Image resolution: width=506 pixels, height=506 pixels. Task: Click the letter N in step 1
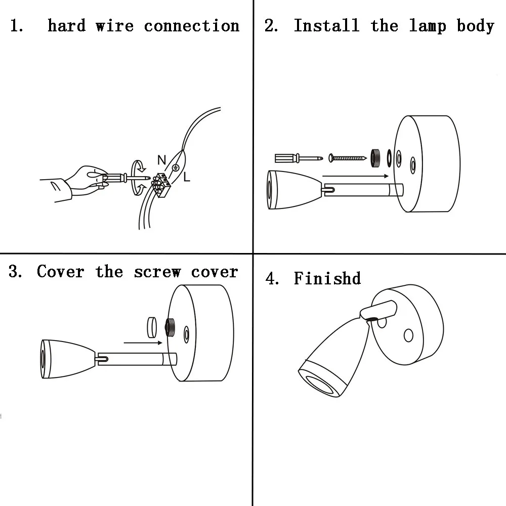161,160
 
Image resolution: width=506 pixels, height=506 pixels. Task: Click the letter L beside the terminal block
186,177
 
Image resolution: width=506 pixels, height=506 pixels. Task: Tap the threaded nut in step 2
375,157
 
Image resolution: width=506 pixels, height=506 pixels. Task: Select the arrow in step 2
354,176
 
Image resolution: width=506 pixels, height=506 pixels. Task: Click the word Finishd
327,278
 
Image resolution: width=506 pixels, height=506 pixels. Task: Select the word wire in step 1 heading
114,26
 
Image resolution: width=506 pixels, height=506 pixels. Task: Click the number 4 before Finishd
272,278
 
